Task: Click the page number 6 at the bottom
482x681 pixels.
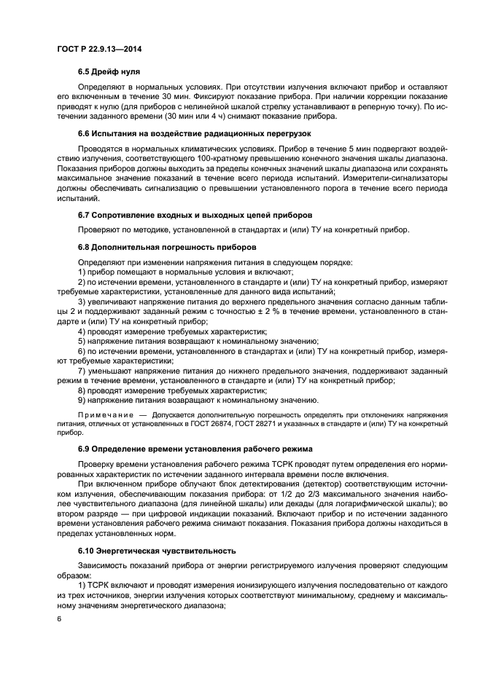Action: click(x=58, y=620)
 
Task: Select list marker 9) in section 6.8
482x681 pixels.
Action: click(x=82, y=400)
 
